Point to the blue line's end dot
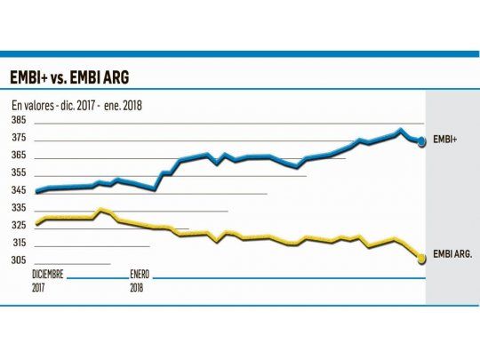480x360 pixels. pyautogui.click(x=422, y=140)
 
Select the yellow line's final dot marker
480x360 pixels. pyautogui.click(x=421, y=258)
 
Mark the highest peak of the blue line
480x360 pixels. pyautogui.click(x=401, y=131)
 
